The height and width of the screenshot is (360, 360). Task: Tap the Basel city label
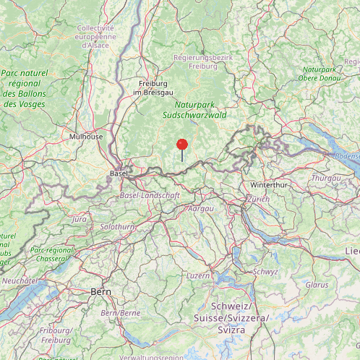click(x=118, y=174)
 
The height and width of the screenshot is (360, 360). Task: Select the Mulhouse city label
click(x=86, y=136)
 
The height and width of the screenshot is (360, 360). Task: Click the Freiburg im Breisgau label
click(x=153, y=87)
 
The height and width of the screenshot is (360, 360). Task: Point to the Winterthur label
click(x=268, y=184)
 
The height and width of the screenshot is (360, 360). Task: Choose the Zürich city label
click(x=257, y=199)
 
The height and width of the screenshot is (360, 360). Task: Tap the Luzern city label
click(x=198, y=275)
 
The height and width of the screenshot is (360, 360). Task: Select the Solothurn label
click(x=117, y=226)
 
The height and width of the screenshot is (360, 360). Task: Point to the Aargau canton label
click(x=201, y=208)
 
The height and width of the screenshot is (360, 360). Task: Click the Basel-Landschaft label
click(x=150, y=196)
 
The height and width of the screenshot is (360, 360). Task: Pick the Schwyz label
click(x=265, y=271)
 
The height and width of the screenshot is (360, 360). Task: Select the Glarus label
click(x=317, y=285)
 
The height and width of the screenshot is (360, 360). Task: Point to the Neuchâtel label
click(x=20, y=280)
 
